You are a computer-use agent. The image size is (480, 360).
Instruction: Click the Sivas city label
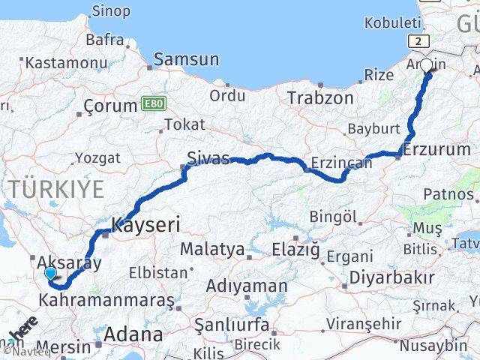208,158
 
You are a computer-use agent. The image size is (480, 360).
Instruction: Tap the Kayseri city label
146,223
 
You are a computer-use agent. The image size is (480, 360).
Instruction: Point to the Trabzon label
320,98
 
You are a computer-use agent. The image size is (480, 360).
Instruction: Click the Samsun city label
187,59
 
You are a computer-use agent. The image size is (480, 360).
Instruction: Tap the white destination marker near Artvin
426,66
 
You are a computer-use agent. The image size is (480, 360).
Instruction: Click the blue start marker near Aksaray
50,274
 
